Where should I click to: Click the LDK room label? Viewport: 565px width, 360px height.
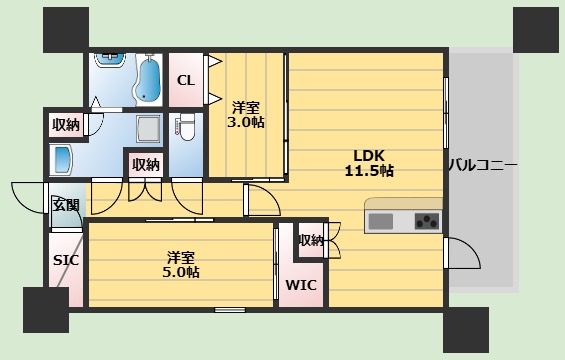[369, 156]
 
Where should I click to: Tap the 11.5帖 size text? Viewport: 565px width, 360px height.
[369, 171]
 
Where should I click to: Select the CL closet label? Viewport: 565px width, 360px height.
[186, 80]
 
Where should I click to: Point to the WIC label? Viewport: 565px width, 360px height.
[301, 285]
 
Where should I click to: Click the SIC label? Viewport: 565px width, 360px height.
[66, 260]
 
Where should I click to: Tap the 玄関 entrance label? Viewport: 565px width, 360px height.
[66, 205]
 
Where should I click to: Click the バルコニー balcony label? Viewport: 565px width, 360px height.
[482, 165]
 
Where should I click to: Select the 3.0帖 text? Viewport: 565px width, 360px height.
[246, 123]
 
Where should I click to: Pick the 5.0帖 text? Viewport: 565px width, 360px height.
[181, 272]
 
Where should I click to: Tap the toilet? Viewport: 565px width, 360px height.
[187, 126]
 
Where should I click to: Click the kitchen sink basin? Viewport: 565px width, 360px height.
[381, 221]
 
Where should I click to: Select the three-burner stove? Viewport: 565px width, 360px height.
[427, 221]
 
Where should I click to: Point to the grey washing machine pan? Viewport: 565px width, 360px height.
[149, 129]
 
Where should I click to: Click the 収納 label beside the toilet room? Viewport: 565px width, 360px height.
[146, 165]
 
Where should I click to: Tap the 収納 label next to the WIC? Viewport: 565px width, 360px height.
[311, 240]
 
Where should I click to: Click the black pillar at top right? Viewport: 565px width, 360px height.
[536, 30]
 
